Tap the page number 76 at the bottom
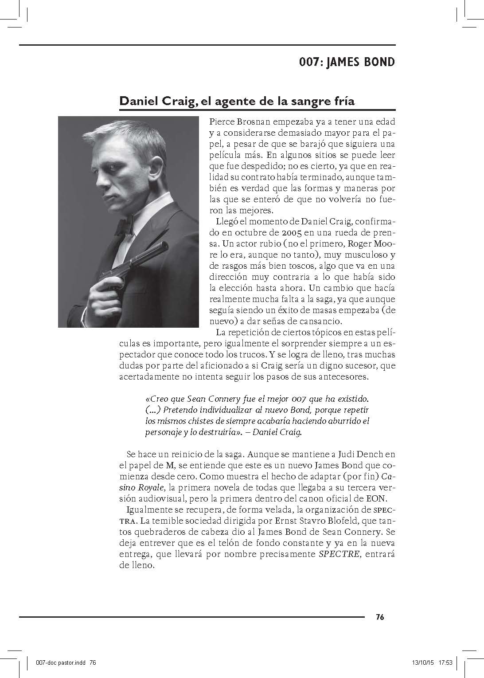coord(379,617)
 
